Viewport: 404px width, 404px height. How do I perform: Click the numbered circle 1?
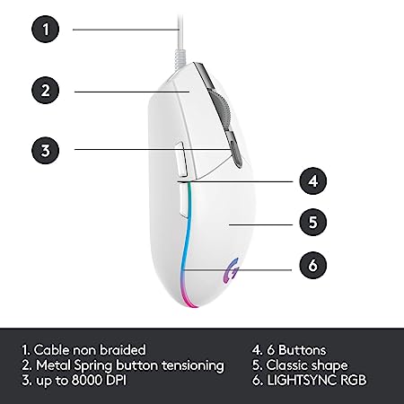point(46,29)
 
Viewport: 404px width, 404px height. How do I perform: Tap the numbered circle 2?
point(46,90)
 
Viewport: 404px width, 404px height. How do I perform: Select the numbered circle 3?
point(46,150)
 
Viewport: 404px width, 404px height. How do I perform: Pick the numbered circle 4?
point(313,181)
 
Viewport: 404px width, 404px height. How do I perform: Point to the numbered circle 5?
point(313,222)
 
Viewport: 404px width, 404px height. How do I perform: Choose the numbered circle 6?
point(313,265)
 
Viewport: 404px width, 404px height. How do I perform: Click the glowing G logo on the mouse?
point(232,271)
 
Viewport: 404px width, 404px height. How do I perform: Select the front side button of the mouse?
point(180,159)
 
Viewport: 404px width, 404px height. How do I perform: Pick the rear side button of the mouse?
point(183,199)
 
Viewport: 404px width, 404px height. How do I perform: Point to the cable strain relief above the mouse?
point(180,57)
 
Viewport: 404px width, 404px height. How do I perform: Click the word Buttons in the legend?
point(303,350)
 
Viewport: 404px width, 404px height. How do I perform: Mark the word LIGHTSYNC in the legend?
point(302,380)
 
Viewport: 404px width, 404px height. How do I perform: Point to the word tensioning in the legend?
point(193,365)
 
